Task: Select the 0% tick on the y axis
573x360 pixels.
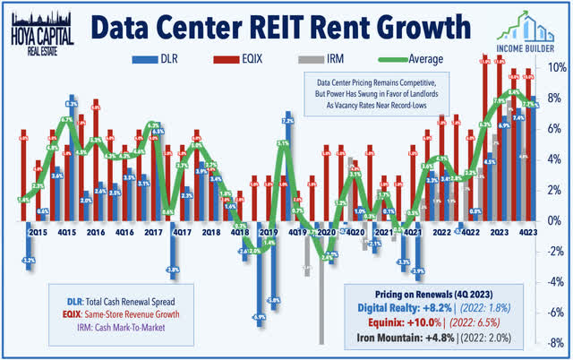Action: pos(556,220)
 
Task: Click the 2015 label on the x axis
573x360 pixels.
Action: pos(38,232)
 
